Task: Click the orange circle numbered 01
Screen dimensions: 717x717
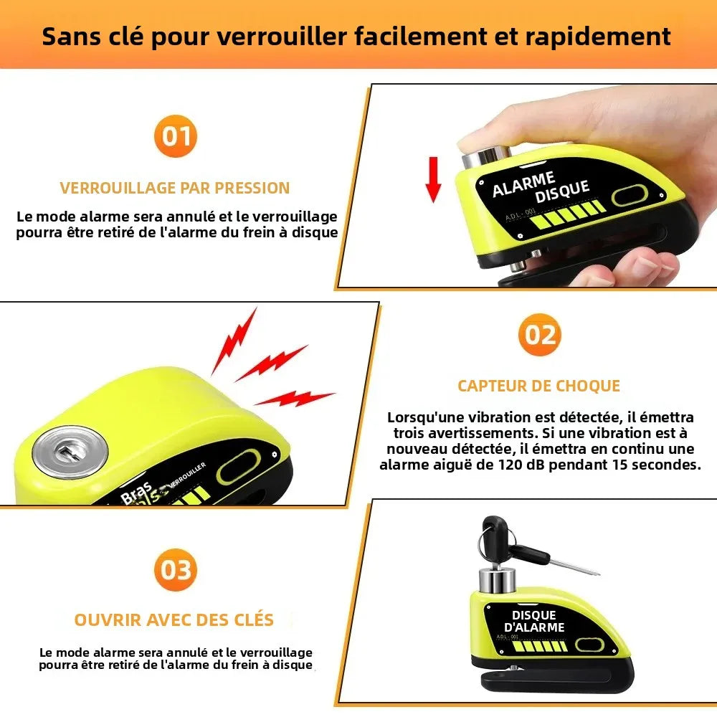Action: [175, 135]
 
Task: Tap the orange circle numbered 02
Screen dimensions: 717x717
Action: [539, 334]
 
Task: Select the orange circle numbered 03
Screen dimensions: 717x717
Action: [175, 570]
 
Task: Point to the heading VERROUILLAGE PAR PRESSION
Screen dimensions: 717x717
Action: [175, 188]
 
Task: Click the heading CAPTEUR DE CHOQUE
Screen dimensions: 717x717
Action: [538, 386]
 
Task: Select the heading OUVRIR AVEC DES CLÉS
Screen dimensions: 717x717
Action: [174, 619]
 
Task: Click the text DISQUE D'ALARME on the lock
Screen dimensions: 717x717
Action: [534, 621]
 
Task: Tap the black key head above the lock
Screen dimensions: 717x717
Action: [494, 533]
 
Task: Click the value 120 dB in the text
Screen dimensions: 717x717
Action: [524, 465]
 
